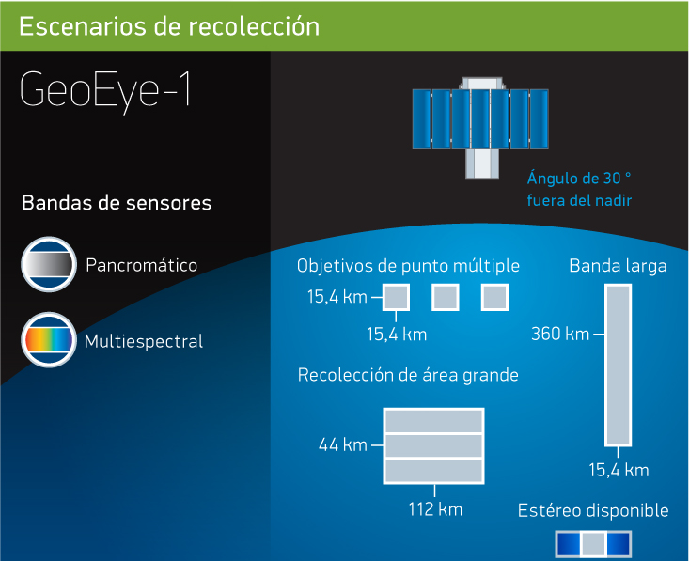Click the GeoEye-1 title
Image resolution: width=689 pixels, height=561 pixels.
click(x=105, y=91)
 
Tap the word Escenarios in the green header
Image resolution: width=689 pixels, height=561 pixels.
click(x=83, y=26)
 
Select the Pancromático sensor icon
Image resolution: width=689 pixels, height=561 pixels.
click(x=49, y=264)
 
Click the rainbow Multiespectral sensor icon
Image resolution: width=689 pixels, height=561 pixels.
click(x=49, y=339)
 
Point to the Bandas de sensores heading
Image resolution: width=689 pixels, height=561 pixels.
click(x=117, y=203)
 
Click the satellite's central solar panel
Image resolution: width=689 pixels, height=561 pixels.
click(x=480, y=119)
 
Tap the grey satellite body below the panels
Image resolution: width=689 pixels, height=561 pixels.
click(x=482, y=164)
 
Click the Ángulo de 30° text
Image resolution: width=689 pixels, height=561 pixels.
click(x=579, y=179)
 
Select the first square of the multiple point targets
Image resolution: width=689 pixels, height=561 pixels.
click(x=396, y=297)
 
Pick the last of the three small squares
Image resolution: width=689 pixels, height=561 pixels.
click(x=494, y=297)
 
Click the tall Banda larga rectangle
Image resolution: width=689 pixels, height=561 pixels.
click(x=619, y=365)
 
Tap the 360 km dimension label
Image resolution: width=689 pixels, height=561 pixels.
click(x=560, y=334)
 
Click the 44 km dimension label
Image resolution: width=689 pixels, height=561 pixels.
click(x=343, y=445)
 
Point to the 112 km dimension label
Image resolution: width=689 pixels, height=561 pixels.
click(x=435, y=509)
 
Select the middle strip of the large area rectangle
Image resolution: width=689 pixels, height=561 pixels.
click(x=433, y=446)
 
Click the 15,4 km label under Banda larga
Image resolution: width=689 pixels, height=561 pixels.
click(x=619, y=470)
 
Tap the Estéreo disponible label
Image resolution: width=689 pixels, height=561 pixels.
click(x=593, y=510)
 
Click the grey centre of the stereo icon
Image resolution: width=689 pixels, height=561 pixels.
click(x=594, y=544)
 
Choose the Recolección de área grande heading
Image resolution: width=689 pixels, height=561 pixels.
click(x=408, y=375)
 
